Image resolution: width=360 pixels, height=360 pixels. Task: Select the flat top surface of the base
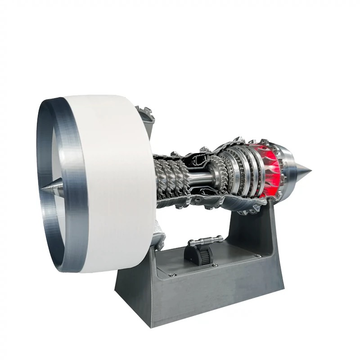coord(200,275)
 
